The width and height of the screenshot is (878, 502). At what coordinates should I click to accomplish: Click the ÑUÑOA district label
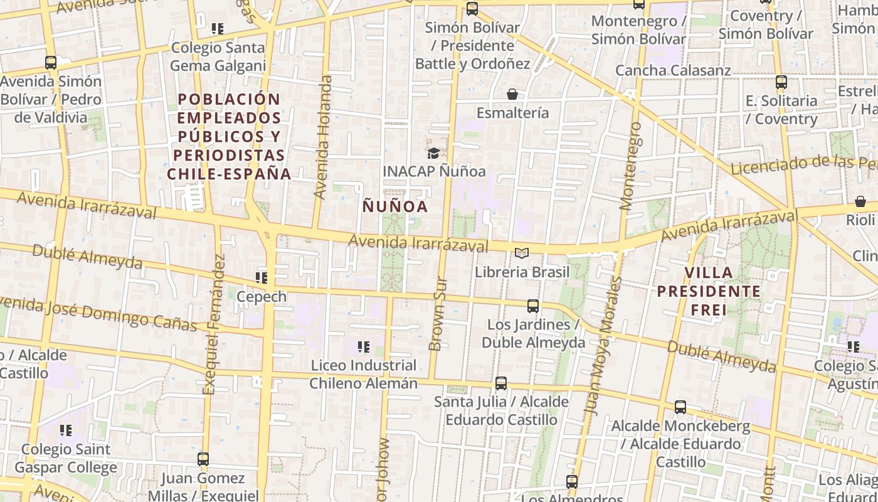(x=396, y=206)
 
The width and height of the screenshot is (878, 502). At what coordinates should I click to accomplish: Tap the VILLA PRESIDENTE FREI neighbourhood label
(x=709, y=291)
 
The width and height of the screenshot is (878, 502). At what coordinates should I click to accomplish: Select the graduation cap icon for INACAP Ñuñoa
(x=433, y=152)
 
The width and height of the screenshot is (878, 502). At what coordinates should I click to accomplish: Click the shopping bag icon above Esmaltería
(x=512, y=94)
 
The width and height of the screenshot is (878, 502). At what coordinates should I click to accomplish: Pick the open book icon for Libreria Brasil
(x=522, y=253)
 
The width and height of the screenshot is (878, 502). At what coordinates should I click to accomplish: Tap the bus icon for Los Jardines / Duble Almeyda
(x=533, y=306)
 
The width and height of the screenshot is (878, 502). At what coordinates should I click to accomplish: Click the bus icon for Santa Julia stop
(x=500, y=383)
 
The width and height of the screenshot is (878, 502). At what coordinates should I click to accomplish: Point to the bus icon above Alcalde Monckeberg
(x=680, y=407)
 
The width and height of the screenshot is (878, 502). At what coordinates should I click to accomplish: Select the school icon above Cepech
(x=262, y=277)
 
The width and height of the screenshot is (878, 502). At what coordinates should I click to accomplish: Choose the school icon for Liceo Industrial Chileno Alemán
(x=363, y=346)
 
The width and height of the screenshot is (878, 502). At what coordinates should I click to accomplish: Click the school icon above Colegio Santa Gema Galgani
(x=218, y=28)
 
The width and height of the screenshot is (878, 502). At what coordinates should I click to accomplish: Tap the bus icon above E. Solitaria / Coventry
(x=781, y=82)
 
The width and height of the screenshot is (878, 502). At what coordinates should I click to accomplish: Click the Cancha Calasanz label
(x=673, y=70)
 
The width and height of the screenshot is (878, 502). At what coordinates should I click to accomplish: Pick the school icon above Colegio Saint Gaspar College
(x=66, y=430)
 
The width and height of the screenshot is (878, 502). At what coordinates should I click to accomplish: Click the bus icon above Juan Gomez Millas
(x=203, y=459)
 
